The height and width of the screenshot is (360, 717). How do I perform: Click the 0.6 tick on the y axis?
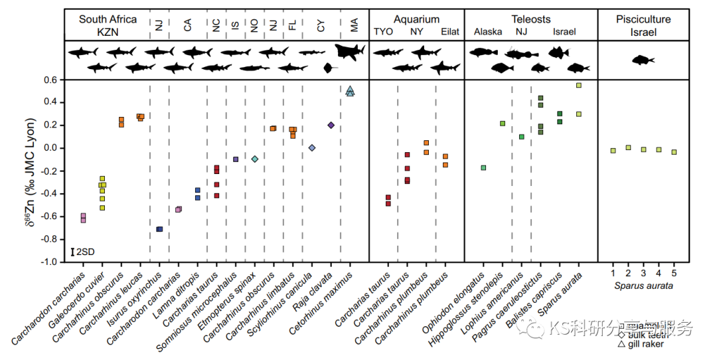(x=52, y=80)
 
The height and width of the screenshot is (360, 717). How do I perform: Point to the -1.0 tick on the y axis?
(x=50, y=262)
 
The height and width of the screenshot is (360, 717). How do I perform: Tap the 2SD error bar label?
(x=83, y=252)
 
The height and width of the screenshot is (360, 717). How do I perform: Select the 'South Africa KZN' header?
(x=108, y=25)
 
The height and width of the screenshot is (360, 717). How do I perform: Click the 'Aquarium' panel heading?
(x=416, y=19)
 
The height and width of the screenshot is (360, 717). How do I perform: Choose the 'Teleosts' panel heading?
(x=530, y=19)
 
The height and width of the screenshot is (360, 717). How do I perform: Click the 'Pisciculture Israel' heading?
(x=643, y=25)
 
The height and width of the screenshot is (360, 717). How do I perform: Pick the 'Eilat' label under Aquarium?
(x=449, y=31)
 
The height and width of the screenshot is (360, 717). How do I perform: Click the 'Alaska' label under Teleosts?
(x=487, y=31)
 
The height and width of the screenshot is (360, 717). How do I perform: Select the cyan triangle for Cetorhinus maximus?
(x=350, y=91)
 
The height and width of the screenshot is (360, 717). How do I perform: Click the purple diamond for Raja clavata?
(x=331, y=125)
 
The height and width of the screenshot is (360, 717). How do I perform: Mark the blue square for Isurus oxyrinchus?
(x=159, y=229)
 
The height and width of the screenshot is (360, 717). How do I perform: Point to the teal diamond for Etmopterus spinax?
(x=254, y=159)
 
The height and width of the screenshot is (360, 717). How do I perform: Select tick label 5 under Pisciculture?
(x=674, y=273)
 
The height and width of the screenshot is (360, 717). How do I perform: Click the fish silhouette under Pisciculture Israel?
(x=643, y=60)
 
